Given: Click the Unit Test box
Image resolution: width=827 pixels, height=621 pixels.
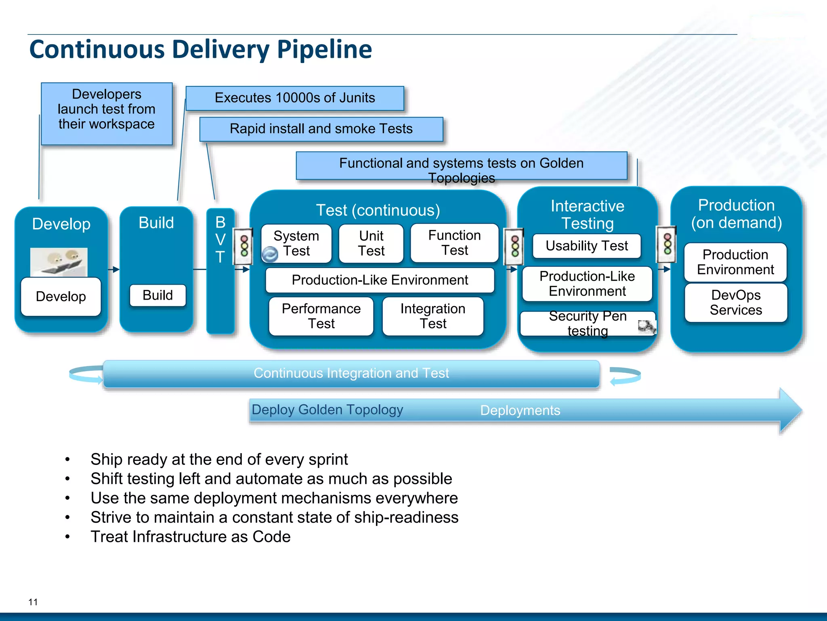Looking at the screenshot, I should click(x=371, y=243).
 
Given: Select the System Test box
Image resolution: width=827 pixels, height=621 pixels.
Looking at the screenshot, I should click(x=296, y=243).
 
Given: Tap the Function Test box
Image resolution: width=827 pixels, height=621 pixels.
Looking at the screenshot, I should click(x=454, y=243).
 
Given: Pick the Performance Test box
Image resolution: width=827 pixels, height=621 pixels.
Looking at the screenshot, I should click(x=321, y=316).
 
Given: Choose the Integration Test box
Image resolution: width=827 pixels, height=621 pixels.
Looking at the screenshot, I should click(x=433, y=316).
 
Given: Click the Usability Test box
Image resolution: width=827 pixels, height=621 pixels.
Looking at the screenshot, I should click(x=586, y=246).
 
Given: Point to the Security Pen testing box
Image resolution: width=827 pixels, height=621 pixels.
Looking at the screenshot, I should click(x=588, y=323).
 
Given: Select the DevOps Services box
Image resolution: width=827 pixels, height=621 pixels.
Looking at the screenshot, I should click(x=736, y=302).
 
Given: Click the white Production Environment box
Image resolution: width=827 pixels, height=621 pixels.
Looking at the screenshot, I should click(x=735, y=262).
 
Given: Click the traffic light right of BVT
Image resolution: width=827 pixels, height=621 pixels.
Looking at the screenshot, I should click(x=244, y=246).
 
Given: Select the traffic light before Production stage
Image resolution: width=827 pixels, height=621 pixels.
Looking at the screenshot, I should click(x=667, y=244).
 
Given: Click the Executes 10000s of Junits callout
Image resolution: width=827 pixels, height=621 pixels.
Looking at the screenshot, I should click(x=295, y=98).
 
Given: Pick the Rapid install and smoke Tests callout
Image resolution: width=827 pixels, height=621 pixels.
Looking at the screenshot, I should click(x=321, y=129).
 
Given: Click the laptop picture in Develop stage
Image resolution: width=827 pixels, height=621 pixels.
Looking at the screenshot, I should click(x=59, y=262).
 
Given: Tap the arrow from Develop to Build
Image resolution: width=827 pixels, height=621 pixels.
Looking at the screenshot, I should click(x=114, y=269).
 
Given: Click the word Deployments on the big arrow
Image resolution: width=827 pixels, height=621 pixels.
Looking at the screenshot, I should click(x=520, y=410).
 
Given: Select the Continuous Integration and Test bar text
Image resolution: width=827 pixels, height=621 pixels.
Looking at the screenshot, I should click(x=351, y=373).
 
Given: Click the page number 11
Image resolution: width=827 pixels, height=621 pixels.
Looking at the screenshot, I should click(x=33, y=602).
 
